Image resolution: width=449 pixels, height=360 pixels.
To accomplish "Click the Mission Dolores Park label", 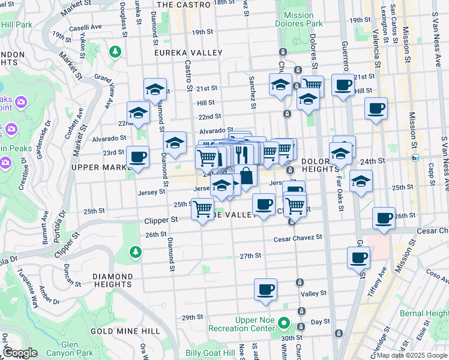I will (298, 19).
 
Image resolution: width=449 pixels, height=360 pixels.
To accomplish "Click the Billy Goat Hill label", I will (210, 353).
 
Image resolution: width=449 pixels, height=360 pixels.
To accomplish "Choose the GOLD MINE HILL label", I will (125, 331).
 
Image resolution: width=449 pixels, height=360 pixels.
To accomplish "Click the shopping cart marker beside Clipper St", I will (203, 208).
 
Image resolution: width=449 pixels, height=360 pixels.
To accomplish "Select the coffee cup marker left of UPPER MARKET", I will (137, 157).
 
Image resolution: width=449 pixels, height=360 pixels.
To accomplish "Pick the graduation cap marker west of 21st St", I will (155, 89).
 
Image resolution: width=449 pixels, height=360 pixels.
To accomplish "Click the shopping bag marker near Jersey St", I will (246, 175).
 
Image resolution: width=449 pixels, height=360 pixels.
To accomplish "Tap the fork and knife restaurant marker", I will (242, 154).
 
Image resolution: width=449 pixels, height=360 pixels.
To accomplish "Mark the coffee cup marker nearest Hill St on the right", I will (376, 108).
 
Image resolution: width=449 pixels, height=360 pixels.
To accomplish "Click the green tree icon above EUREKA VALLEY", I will (115, 52).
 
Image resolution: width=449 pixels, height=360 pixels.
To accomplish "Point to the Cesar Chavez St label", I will (298, 238).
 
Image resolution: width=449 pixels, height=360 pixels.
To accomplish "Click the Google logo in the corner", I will (20, 352).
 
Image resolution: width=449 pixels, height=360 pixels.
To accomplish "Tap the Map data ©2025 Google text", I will (412, 355).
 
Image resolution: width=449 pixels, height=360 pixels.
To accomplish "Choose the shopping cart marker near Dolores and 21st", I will (312, 86).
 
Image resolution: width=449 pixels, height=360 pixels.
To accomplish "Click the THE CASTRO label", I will (184, 4).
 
